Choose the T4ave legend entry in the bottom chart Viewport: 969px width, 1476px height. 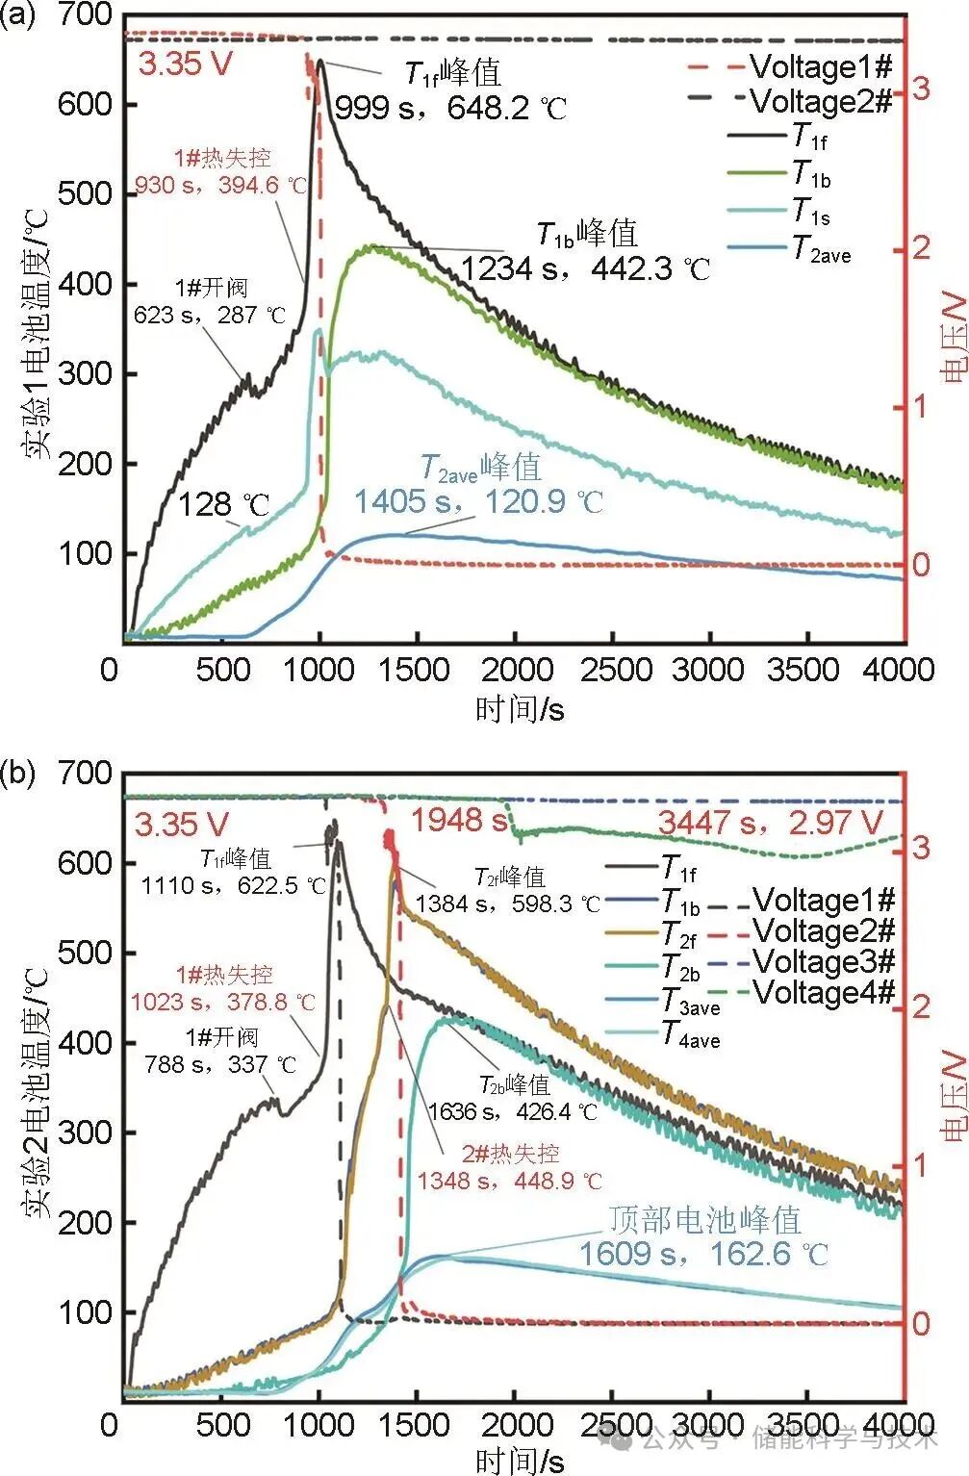[690, 1035]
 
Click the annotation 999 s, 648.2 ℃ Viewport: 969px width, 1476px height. [449, 107]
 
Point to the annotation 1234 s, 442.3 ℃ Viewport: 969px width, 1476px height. [584, 268]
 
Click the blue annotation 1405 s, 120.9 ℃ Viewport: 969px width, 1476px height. [477, 501]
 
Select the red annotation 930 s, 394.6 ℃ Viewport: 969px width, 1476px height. [220, 185]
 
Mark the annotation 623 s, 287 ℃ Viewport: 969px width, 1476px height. [210, 315]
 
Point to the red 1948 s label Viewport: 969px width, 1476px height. [460, 820]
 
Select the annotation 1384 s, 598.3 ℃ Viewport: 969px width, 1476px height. [507, 903]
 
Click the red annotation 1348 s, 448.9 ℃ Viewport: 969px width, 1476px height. [509, 1180]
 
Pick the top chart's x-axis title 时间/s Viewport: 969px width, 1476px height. [520, 710]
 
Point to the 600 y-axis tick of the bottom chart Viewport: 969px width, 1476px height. [85, 863]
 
